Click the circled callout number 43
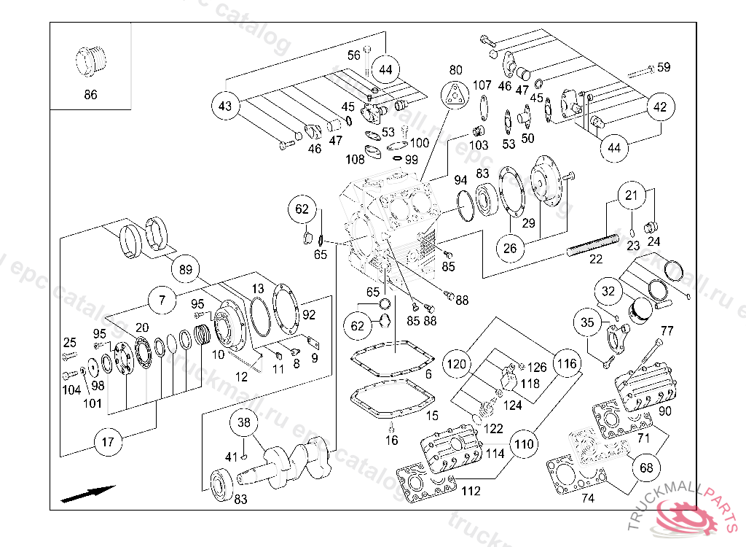point(225,106)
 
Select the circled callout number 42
point(659,106)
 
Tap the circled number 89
point(186,270)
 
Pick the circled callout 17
point(108,441)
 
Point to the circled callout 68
point(646,468)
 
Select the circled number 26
point(510,249)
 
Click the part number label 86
point(90,95)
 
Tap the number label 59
point(663,68)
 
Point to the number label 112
point(471,491)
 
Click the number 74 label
point(587,499)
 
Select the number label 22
point(596,259)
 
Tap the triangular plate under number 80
point(455,95)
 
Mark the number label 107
point(482,85)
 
